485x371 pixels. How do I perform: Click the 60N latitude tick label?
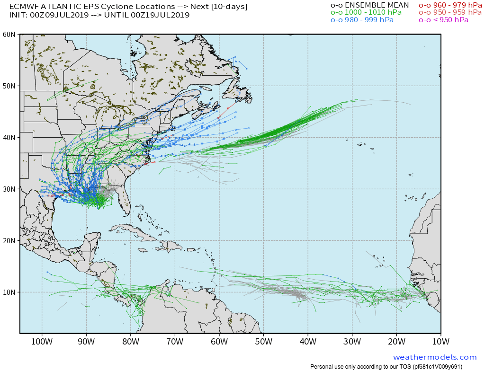[x=9, y=34]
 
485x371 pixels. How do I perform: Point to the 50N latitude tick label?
[x=9, y=86]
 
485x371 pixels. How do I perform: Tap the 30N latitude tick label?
[x=9, y=189]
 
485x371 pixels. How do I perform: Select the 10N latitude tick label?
[x=9, y=292]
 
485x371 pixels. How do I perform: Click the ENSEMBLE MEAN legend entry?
[x=369, y=5]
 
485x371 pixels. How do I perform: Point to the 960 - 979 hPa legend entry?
[x=451, y=5]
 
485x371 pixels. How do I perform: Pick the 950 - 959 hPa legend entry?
[x=451, y=13]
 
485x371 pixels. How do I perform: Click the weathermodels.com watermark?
[x=434, y=357]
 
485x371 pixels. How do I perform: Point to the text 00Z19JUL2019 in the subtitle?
[x=161, y=15]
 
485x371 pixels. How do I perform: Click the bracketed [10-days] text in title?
[x=229, y=7]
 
